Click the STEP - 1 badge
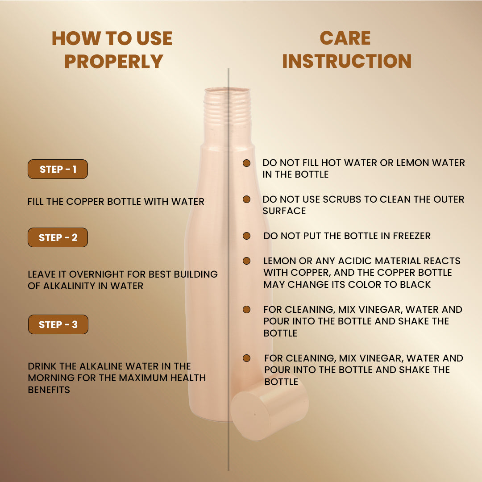click(58, 169)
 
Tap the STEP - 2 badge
click(58, 237)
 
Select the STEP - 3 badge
click(58, 324)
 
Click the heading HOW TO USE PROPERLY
click(112, 50)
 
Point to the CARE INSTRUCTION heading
click(346, 50)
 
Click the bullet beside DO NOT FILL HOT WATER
click(246, 163)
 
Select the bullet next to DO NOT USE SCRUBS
click(246, 199)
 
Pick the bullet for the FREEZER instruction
click(246, 236)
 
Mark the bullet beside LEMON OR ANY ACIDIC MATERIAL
click(246, 261)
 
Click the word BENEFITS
click(49, 390)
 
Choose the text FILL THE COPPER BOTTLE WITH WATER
click(116, 202)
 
